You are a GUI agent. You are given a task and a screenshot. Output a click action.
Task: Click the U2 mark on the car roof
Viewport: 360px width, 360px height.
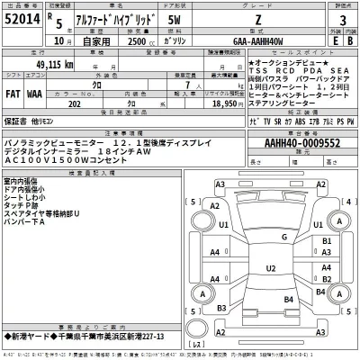(271, 268)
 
